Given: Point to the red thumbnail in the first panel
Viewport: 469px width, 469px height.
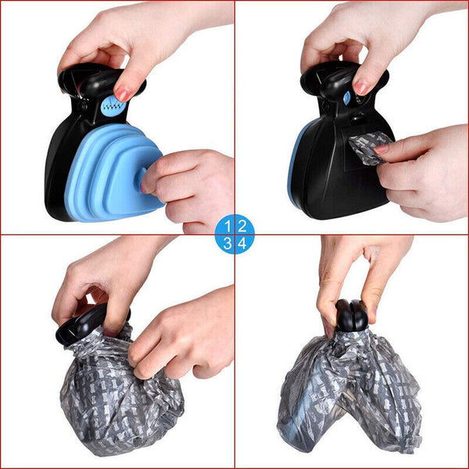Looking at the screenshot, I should pyautogui.click(x=123, y=94).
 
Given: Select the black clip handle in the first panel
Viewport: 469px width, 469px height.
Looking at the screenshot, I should pyautogui.click(x=86, y=82).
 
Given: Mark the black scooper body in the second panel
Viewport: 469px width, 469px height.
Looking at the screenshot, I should pyautogui.click(x=328, y=180).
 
